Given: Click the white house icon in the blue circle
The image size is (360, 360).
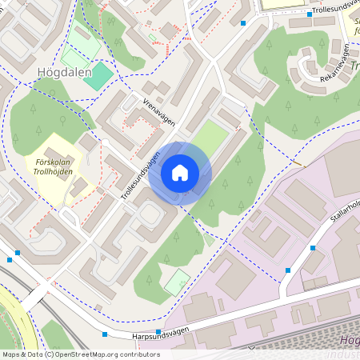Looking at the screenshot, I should coord(180,173).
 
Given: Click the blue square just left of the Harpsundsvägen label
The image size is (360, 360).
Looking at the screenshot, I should coord(158,331).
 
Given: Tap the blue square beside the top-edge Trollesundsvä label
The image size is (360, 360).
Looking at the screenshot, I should coord(310,14).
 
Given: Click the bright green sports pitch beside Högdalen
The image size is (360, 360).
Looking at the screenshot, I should coord(98,77).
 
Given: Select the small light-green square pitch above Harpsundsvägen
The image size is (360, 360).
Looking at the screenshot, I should coord(177,281).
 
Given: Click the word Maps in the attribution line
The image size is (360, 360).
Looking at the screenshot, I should coord(12,354).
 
